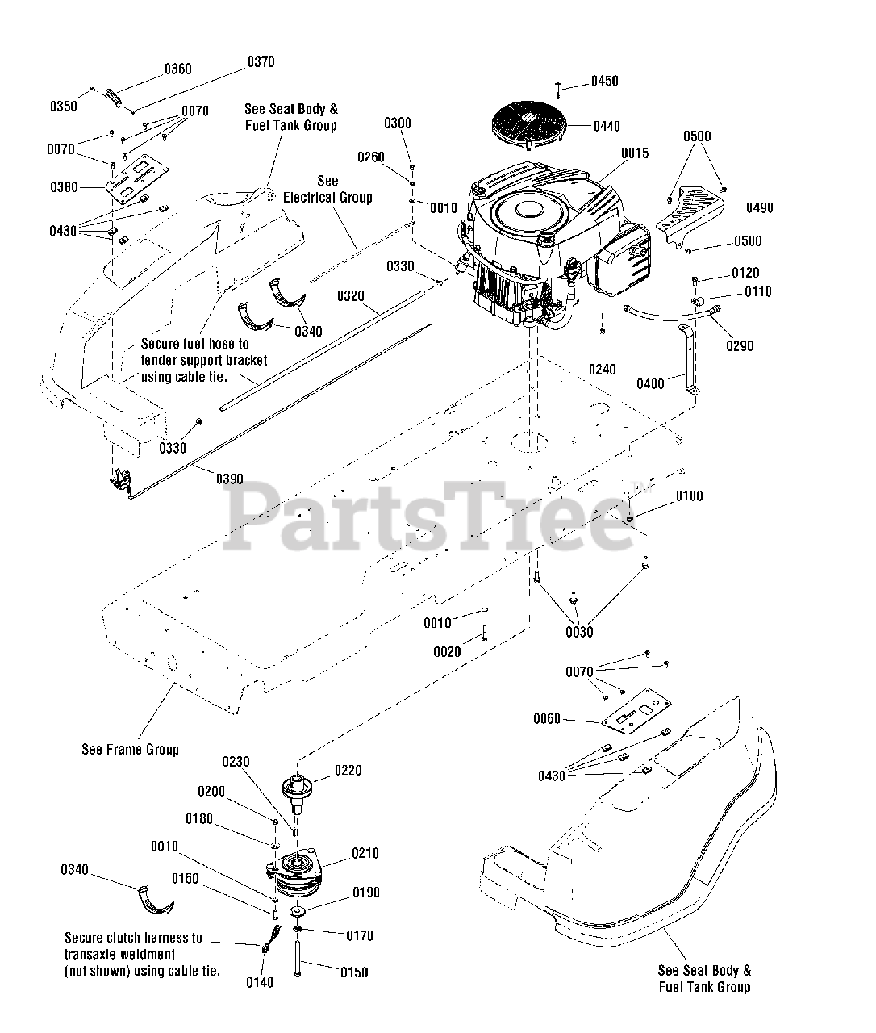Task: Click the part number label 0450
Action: coord(605,81)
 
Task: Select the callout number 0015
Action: coord(635,153)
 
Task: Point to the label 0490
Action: coord(759,208)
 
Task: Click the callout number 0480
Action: coord(651,383)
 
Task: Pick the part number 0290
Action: coord(740,346)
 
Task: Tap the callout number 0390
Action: coord(229,479)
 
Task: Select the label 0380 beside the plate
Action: coord(65,187)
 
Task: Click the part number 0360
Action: coord(178,69)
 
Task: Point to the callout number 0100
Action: coord(690,496)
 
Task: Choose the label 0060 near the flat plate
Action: coord(548,719)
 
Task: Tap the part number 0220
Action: coord(348,770)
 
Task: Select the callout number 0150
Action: coord(354,972)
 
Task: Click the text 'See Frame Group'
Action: coord(130,749)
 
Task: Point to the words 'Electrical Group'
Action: coord(327,197)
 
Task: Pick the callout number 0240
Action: coord(602,370)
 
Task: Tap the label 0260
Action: coord(371,157)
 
